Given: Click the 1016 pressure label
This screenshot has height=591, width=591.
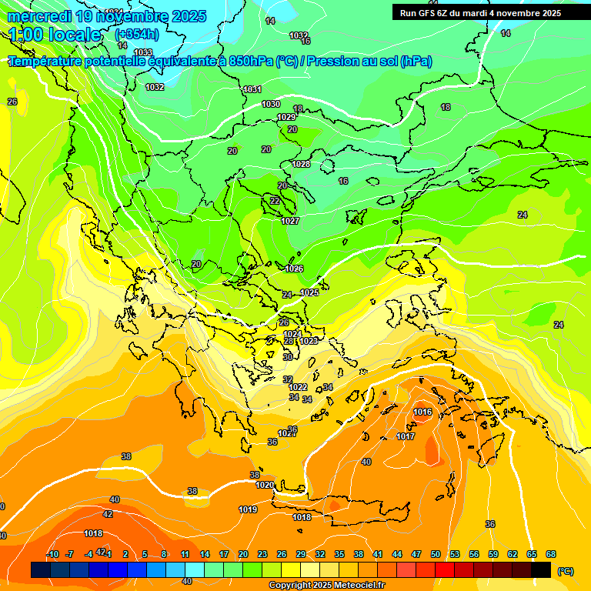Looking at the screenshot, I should point(422,412).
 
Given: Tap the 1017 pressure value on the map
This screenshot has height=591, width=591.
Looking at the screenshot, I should point(406,436).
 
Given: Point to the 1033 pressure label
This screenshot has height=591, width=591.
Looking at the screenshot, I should point(143,52).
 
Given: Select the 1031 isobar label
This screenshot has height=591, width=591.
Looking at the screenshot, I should point(252,89).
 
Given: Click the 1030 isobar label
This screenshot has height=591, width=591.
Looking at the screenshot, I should point(271,104).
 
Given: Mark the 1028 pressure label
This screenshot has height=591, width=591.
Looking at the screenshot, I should point(301,164).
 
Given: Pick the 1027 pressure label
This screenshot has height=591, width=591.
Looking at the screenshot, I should point(290,221).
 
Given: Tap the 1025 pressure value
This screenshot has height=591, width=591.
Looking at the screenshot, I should point(309,292).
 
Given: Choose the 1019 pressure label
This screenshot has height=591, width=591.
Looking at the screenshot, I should point(248,509).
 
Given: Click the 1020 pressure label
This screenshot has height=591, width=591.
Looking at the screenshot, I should point(265,485).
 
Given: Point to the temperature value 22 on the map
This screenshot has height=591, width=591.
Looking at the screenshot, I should point(275,201).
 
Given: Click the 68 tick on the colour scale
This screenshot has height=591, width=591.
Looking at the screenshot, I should point(551,554).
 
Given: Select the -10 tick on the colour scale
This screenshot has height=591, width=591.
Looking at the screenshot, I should point(53,554).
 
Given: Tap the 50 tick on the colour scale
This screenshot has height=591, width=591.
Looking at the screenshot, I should point(436,554).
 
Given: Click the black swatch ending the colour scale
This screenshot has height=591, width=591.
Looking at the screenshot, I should point(541,569).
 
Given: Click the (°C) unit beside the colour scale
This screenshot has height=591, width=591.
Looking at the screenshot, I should point(566,571).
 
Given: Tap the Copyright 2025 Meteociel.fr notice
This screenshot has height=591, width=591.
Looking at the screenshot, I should point(326,585).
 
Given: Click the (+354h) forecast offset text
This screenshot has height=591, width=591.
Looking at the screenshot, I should point(137,34).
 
